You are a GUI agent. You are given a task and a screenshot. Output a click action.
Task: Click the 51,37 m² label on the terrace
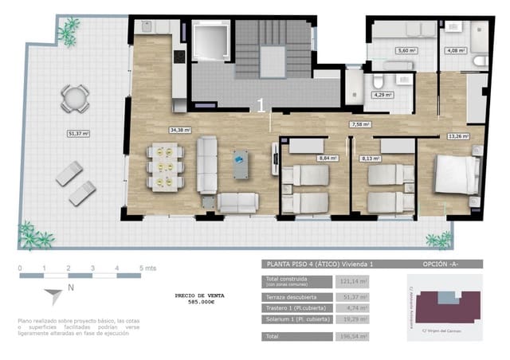tap(79, 134)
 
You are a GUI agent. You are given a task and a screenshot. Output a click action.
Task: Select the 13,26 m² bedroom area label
tap(459, 136)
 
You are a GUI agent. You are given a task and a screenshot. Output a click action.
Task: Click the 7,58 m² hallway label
tap(361, 124)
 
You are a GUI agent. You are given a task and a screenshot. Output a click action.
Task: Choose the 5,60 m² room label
tap(406, 51)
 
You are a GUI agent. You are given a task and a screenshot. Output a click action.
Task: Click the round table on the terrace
tap(73, 98)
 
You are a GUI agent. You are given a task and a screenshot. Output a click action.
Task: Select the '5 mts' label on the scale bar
tap(147, 268)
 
